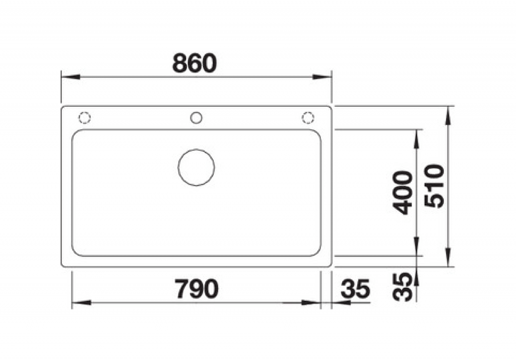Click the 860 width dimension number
coord(195,63)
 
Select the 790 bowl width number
coord(196,289)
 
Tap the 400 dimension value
coord(403,193)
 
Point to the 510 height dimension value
coord(434,186)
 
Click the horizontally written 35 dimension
coord(356,289)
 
